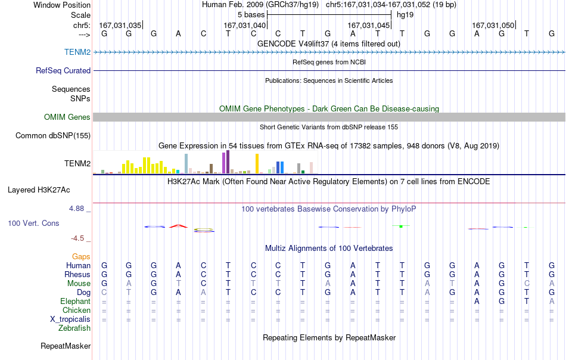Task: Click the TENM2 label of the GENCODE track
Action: tap(77, 52)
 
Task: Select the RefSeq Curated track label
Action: tap(63, 70)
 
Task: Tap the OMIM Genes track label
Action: tap(67, 117)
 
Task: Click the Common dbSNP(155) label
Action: tap(53, 135)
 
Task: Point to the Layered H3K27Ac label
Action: tap(39, 190)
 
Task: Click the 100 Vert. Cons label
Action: tap(33, 223)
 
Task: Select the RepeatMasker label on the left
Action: tap(66, 346)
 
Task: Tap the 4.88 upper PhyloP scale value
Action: tap(76, 209)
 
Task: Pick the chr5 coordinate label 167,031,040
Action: tap(244, 25)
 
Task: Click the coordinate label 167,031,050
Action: tap(493, 25)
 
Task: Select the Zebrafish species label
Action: tap(74, 328)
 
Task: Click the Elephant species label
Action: tap(76, 301)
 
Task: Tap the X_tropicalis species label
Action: tap(70, 319)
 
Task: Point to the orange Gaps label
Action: tap(81, 256)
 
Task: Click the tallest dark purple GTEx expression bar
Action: tap(228, 162)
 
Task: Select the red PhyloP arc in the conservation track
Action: tap(178, 226)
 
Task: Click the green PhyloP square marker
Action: tap(401, 226)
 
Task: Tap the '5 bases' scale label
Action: tap(251, 15)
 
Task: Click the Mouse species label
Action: tap(79, 284)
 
